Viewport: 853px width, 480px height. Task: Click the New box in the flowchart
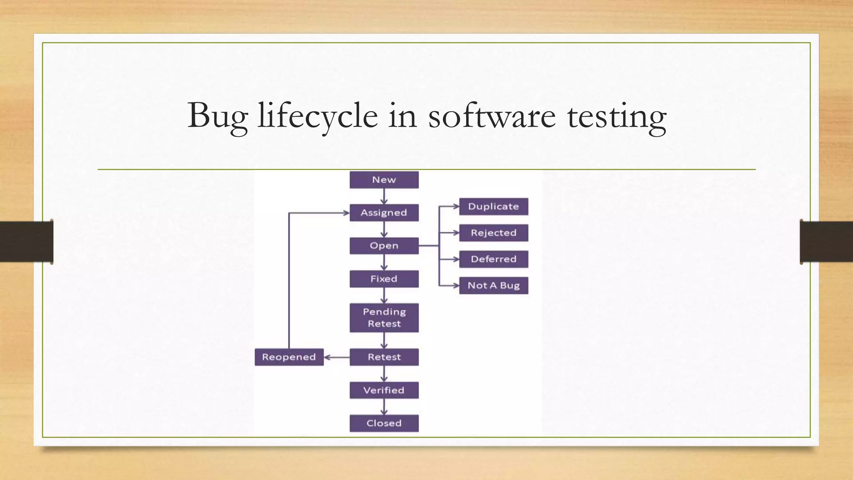point(384,180)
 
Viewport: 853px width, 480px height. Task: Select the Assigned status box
point(384,212)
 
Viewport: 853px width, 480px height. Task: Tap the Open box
point(384,246)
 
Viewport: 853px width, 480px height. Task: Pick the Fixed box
point(384,279)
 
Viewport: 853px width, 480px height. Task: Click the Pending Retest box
point(384,317)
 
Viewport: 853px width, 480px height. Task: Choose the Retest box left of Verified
point(384,357)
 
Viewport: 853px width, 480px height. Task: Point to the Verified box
point(384,390)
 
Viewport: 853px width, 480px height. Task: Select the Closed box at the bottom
point(384,423)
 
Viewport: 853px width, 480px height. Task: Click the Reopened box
point(289,357)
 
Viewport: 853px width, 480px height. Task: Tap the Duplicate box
point(494,207)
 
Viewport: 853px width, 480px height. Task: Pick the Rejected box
point(494,233)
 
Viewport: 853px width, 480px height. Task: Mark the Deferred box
point(494,259)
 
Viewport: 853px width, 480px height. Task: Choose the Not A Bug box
point(494,285)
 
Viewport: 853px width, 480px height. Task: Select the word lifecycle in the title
point(318,116)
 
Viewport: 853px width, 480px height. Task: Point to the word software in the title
point(491,116)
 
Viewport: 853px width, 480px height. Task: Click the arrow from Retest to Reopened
point(337,357)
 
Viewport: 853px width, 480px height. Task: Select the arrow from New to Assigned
point(384,196)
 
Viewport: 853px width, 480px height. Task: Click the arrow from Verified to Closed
point(384,407)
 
